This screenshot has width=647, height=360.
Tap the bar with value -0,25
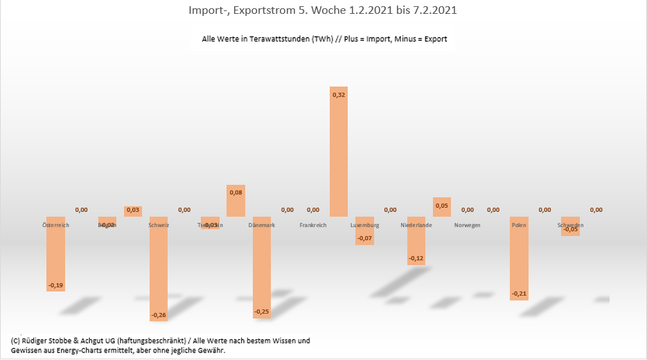tap(261, 267)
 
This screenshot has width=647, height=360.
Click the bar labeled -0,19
tap(55, 253)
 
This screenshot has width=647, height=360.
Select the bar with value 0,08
tap(236, 201)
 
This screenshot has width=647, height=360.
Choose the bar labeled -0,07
tap(364, 231)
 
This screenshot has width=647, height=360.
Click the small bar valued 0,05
tap(442, 207)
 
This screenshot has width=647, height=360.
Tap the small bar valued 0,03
tap(133, 211)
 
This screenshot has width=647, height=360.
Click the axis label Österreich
tap(56, 225)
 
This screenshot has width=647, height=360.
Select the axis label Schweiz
tap(159, 225)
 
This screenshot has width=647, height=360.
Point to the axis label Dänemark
tap(262, 225)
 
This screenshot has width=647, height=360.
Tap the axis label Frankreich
tap(313, 225)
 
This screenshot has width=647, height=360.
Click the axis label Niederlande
tap(416, 225)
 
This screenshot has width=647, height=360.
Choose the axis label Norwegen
tap(468, 225)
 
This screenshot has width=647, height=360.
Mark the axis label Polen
tap(519, 225)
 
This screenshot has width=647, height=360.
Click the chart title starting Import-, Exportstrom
tap(322, 11)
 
